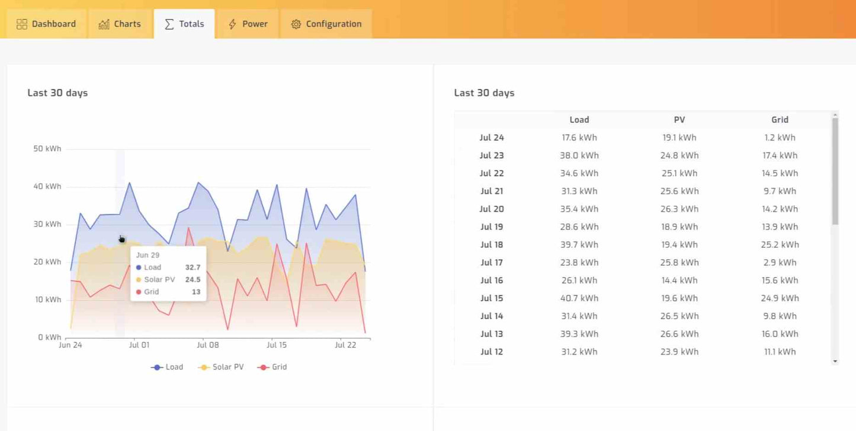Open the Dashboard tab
(x=46, y=24)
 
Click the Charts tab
(x=120, y=24)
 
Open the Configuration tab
(x=326, y=24)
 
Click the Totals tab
(x=184, y=24)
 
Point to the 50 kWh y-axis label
(x=47, y=149)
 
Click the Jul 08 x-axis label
(x=208, y=345)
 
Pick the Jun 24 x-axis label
(x=70, y=345)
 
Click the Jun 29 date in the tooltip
(x=148, y=255)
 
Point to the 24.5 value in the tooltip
(x=193, y=279)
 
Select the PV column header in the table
(x=679, y=120)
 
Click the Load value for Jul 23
(x=579, y=155)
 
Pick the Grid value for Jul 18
(x=780, y=244)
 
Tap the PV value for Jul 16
(x=679, y=280)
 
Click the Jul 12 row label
(x=492, y=352)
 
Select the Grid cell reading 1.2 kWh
(x=780, y=138)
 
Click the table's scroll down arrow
(x=835, y=361)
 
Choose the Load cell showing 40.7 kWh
(x=579, y=298)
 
